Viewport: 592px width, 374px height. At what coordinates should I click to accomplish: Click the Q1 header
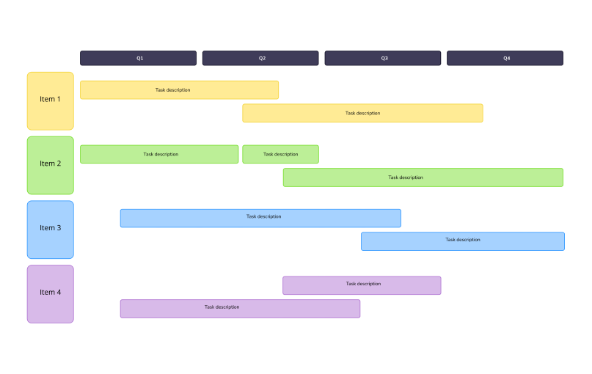pyautogui.click(x=139, y=58)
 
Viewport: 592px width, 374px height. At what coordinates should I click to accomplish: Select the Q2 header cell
pyautogui.click(x=260, y=58)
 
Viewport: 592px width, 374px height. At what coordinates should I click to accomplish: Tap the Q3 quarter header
pyautogui.click(x=383, y=58)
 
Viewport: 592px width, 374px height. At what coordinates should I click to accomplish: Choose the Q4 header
pyautogui.click(x=505, y=58)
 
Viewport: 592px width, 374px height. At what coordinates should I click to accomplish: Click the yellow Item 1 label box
pyautogui.click(x=51, y=100)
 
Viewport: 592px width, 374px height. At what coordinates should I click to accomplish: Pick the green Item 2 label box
pyautogui.click(x=51, y=165)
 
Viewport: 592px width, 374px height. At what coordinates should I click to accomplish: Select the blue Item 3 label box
pyautogui.click(x=51, y=230)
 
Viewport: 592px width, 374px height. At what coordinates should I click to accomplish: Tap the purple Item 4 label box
pyautogui.click(x=51, y=293)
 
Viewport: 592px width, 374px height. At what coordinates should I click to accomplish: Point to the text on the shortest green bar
pyautogui.click(x=281, y=154)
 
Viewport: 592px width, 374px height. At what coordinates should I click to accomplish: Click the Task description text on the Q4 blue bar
pyautogui.click(x=463, y=240)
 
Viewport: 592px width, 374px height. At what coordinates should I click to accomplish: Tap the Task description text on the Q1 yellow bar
pyautogui.click(x=172, y=90)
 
